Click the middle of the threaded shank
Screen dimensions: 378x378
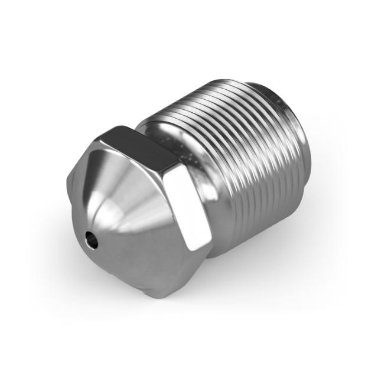coord(248,165)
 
